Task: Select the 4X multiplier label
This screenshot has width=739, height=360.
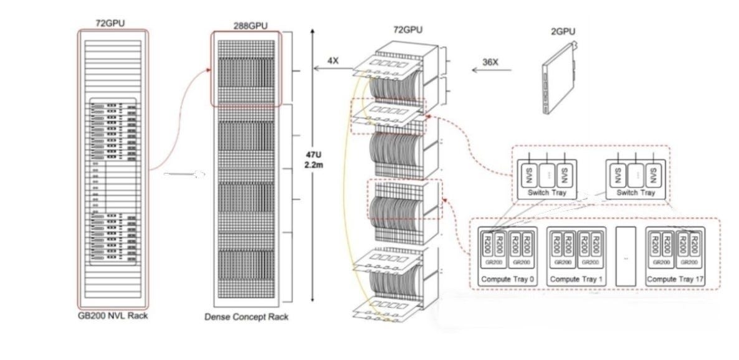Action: click(333, 60)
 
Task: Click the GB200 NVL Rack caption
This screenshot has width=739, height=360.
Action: click(113, 316)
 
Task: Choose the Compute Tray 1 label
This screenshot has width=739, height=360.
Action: click(576, 279)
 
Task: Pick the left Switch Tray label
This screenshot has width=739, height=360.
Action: click(546, 193)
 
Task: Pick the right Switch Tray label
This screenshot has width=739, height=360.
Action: click(636, 193)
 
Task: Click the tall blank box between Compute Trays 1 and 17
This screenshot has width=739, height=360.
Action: click(626, 255)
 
